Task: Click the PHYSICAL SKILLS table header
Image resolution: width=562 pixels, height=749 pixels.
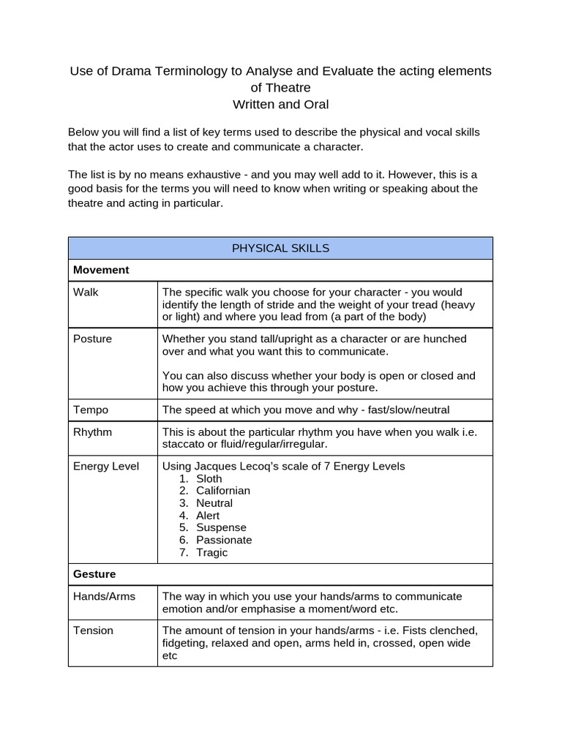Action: pos(280,248)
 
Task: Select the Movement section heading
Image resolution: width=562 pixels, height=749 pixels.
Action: pos(101,270)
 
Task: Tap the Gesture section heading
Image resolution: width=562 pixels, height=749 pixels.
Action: pos(94,574)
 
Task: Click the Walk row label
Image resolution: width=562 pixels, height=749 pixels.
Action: pos(86,292)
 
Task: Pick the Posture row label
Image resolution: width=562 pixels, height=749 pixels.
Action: pos(92,339)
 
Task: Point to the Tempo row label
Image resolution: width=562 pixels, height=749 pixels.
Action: pos(91,410)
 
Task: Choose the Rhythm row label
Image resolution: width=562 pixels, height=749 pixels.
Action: pos(92,432)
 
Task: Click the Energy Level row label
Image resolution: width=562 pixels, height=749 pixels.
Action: pos(105,466)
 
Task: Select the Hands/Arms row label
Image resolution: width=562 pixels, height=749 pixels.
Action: pos(104,596)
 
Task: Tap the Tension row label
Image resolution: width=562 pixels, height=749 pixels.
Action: pos(93,630)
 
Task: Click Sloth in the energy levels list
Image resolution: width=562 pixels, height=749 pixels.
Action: pos(209,478)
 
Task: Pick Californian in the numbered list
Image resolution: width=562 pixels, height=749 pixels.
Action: pos(222,491)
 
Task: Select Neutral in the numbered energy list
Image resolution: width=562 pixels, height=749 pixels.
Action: pos(214,503)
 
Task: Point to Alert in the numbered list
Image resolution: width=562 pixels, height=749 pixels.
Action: pos(208,516)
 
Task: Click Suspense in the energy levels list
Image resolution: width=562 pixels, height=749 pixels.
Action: pos(221,527)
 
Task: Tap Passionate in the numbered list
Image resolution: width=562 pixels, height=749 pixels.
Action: pos(224,540)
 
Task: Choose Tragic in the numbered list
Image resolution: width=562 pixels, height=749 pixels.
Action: pos(211,552)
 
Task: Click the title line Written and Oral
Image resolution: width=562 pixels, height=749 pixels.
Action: pos(280,105)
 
